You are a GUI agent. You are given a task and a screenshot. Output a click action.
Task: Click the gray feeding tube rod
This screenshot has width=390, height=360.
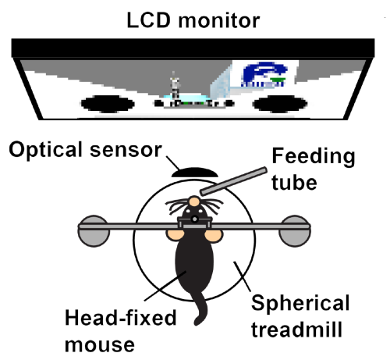(x=234, y=180)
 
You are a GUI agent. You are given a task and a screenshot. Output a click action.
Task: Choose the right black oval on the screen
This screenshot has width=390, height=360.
(x=279, y=103)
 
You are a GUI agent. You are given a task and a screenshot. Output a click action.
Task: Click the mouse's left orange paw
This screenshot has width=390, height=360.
(x=173, y=232)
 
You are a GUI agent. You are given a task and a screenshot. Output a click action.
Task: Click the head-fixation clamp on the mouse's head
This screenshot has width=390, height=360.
(x=194, y=224)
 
